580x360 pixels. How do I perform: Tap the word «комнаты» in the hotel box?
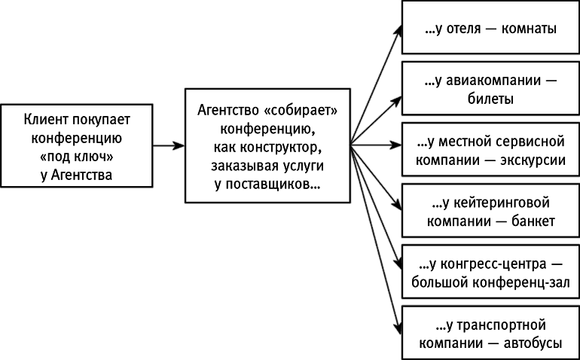[x=532, y=31]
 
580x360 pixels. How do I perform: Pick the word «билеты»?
[x=490, y=98]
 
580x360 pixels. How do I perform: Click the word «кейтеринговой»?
[x=497, y=203]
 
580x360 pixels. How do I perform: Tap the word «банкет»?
[x=530, y=221]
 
